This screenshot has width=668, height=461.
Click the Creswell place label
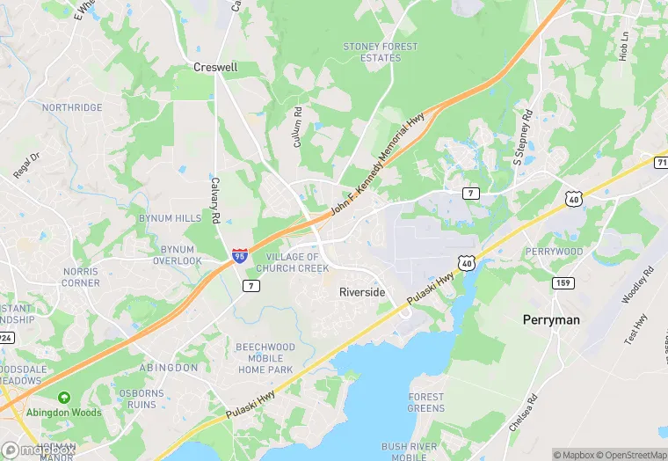point(215,67)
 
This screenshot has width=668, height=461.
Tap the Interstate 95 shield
point(240,257)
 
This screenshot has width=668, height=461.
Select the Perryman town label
point(551,320)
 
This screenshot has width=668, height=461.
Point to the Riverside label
point(362,292)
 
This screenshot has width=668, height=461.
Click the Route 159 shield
point(563,282)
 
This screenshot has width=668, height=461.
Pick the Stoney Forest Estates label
point(381,52)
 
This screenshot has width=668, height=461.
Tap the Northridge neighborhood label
point(72,107)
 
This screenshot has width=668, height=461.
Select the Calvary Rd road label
point(214,200)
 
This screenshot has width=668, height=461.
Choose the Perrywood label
point(554,252)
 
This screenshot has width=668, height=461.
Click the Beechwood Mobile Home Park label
point(265,358)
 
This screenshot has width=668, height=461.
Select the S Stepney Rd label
point(524,138)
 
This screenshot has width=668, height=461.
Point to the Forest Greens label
point(425,403)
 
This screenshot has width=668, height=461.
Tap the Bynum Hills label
point(170,218)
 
